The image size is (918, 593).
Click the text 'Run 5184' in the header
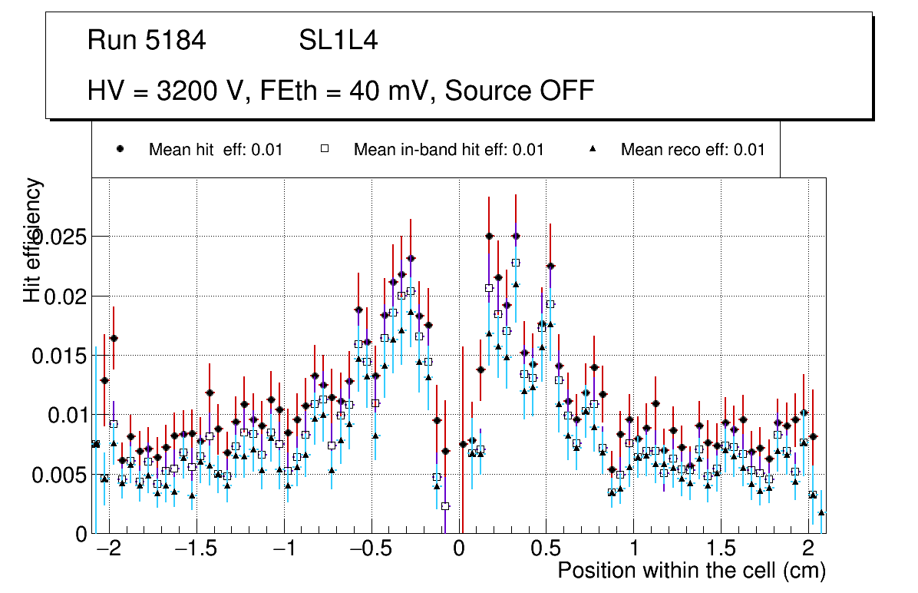point(147,41)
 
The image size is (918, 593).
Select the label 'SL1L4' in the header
point(338,41)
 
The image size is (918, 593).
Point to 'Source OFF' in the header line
point(520,91)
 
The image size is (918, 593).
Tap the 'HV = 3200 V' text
point(167,91)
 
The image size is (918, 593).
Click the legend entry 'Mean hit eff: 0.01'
point(216,150)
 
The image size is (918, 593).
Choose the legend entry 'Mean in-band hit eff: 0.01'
point(448,150)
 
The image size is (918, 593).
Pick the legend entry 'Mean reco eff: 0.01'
point(692,150)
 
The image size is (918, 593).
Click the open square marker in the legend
point(324,150)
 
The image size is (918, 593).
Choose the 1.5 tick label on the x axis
point(721,550)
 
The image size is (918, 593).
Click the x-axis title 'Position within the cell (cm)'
point(691,571)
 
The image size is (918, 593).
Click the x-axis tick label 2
point(808,550)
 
